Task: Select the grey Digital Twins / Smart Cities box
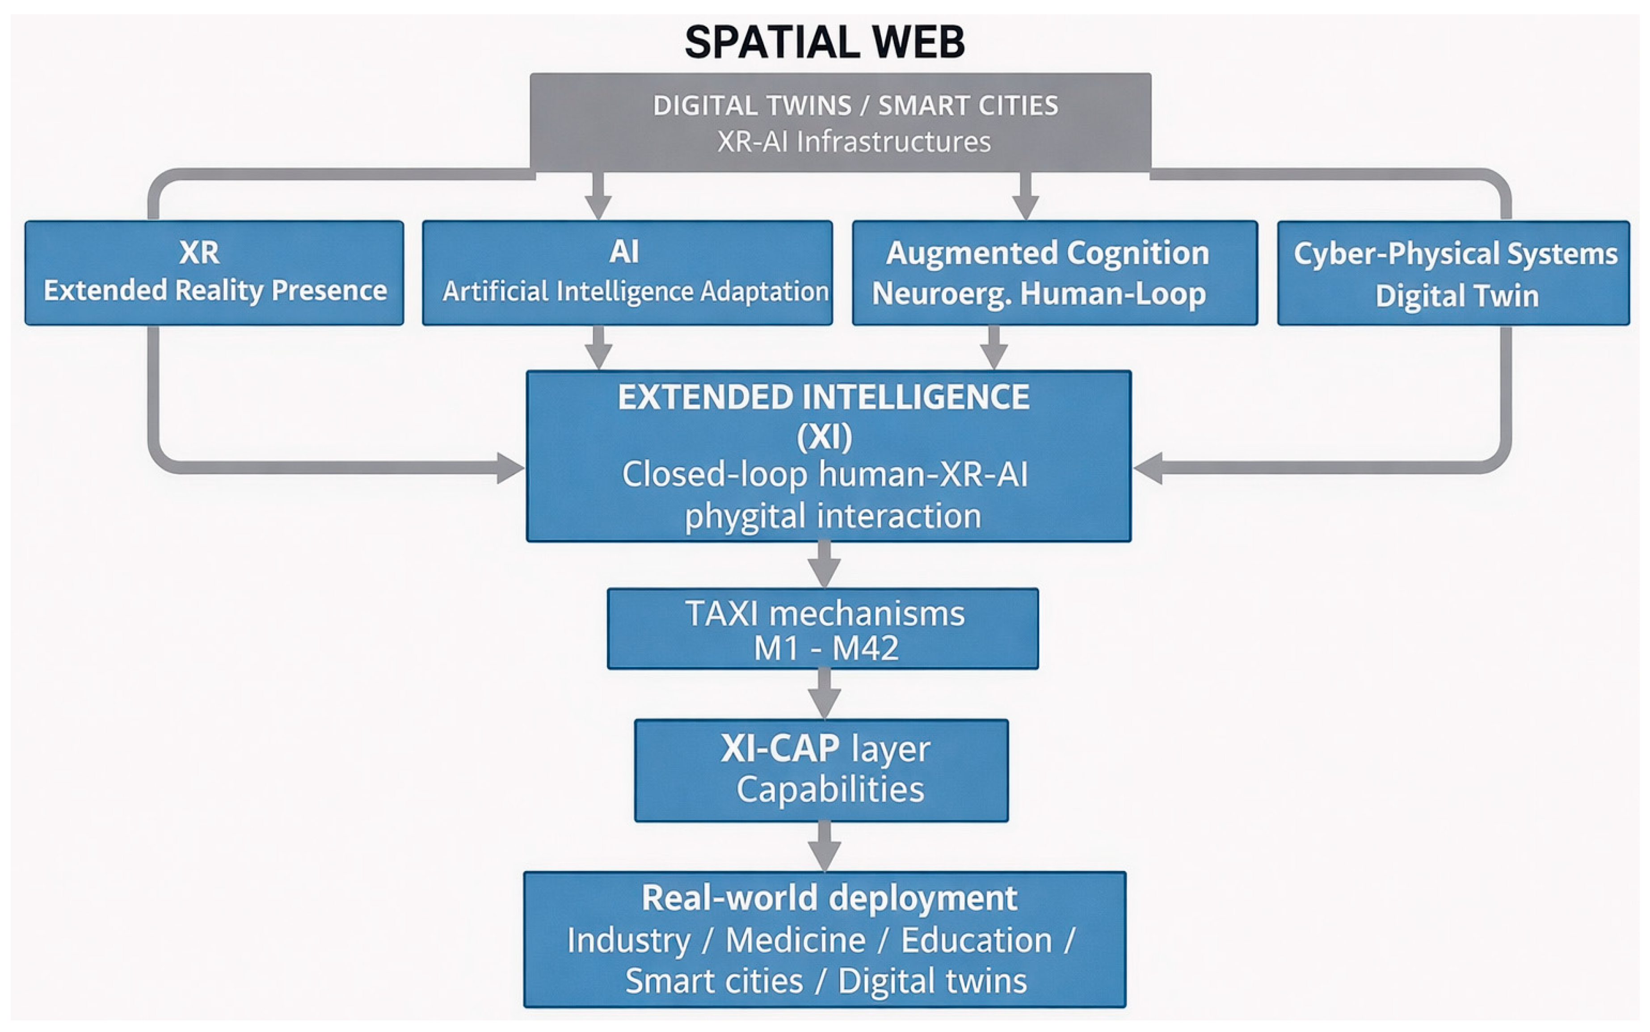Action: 841,122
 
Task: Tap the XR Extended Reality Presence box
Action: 214,272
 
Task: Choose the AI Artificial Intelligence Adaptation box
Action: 627,272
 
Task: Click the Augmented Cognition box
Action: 1055,272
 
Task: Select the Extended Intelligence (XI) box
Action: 829,456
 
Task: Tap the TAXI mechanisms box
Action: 823,628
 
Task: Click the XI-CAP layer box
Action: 821,770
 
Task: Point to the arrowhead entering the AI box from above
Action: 598,207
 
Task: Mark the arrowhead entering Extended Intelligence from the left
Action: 510,468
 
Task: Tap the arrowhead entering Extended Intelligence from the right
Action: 1148,468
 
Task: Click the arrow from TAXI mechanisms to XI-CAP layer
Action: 824,694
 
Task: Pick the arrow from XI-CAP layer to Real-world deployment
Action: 824,847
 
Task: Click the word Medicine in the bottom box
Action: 796,940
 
